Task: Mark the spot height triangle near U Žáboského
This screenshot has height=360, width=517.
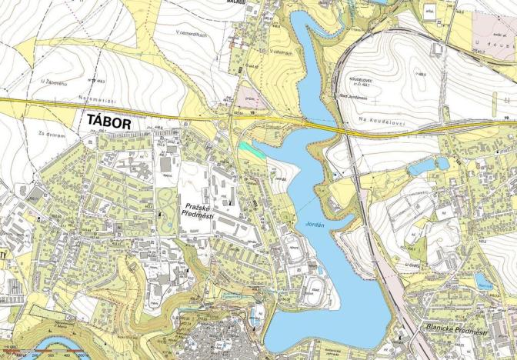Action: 92,80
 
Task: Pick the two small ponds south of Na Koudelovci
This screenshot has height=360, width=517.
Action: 428,165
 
